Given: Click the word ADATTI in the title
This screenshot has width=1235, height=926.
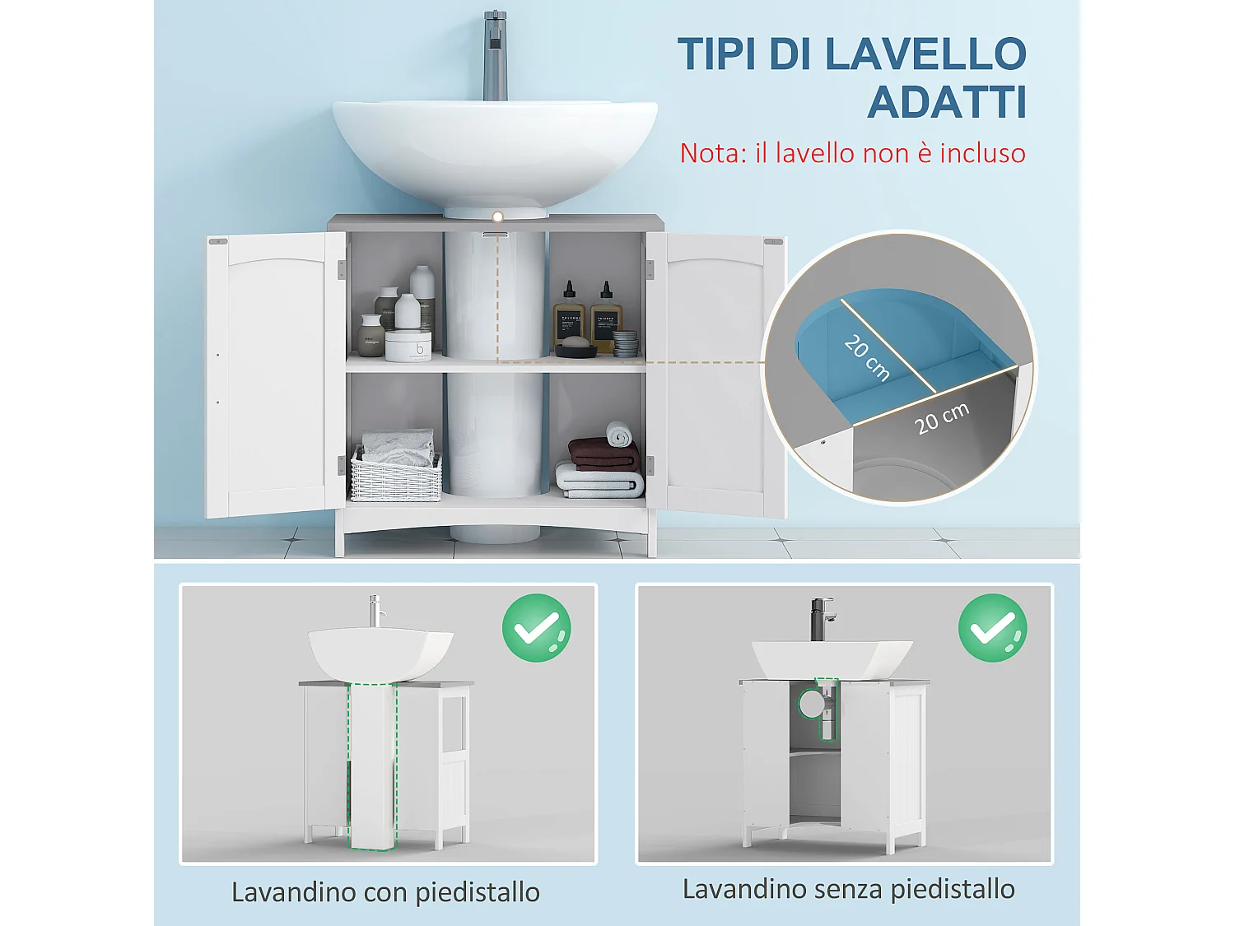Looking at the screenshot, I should pyautogui.click(x=947, y=103).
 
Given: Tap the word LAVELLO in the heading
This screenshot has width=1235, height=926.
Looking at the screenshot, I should pyautogui.click(x=925, y=54).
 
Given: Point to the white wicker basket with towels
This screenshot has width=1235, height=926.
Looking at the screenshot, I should pyautogui.click(x=396, y=476).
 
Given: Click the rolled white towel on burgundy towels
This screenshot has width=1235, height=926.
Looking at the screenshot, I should pyautogui.click(x=618, y=435).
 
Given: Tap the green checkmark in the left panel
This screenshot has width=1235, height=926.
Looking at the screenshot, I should pyautogui.click(x=537, y=627).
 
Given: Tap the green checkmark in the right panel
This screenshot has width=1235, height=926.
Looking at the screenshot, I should pyautogui.click(x=993, y=627).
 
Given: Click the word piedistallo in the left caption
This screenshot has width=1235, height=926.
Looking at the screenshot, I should pyautogui.click(x=478, y=892).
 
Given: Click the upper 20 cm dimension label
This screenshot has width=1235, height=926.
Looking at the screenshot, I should pyautogui.click(x=867, y=357).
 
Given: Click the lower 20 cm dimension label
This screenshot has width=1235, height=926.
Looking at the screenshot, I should pyautogui.click(x=942, y=417).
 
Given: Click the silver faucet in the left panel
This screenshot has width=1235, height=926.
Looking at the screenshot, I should pyautogui.click(x=375, y=612).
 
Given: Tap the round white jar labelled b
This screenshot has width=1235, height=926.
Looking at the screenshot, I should pyautogui.click(x=408, y=345).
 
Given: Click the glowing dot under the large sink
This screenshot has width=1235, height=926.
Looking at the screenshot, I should pyautogui.click(x=497, y=217).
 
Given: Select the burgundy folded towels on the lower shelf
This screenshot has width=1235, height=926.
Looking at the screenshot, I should pyautogui.click(x=604, y=454).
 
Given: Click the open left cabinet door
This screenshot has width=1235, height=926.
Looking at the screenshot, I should pyautogui.click(x=275, y=375).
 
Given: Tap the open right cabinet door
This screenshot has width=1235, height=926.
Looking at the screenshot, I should pyautogui.click(x=716, y=375).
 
